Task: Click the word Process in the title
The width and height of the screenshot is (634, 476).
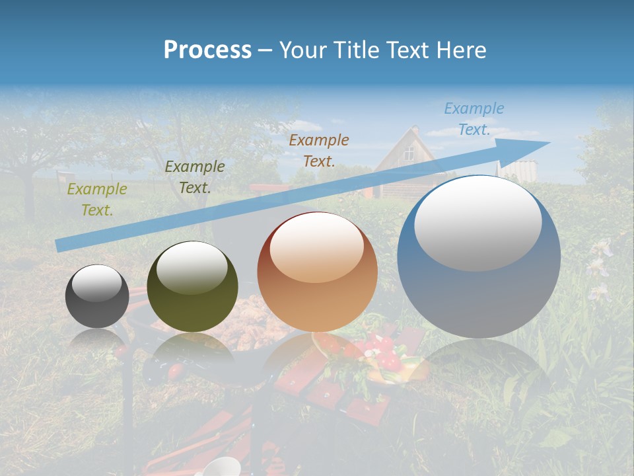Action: [207, 50]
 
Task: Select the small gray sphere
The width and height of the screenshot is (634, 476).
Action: [97, 296]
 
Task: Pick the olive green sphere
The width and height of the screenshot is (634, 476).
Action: [192, 287]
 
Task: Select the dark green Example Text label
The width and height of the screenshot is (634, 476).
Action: [194, 177]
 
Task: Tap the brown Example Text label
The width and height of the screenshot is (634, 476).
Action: [318, 150]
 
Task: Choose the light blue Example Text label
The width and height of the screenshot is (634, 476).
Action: [474, 119]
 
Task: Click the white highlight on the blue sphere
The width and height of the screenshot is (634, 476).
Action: [477, 223]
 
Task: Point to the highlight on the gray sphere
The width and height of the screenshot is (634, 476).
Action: [96, 284]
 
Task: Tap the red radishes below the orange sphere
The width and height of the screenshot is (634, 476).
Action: [383, 354]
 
